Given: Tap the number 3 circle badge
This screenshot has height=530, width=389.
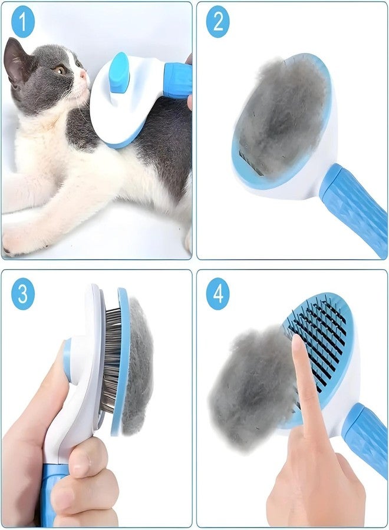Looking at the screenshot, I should pyautogui.click(x=22, y=293).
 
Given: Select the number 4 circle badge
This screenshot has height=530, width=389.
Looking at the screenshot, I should pyautogui.click(x=217, y=293).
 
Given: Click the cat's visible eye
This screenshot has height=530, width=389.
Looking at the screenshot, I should pyautogui.click(x=60, y=69).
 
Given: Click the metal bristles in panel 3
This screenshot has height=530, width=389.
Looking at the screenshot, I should pyautogui.click(x=112, y=359).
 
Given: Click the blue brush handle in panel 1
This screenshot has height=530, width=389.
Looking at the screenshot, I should pyautogui.click(x=177, y=79).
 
